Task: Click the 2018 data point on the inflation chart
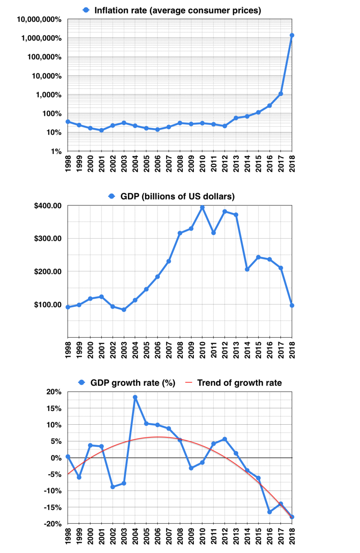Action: (292, 35)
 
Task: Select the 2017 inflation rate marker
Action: (280, 94)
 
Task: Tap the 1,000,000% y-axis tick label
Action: (41, 38)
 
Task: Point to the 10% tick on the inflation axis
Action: (54, 132)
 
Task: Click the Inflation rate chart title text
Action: (177, 11)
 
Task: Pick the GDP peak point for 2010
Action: (202, 207)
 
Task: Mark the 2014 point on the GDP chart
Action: (247, 269)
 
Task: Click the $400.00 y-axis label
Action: (48, 206)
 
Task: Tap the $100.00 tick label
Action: (48, 305)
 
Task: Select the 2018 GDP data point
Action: (292, 305)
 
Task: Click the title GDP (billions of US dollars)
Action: (177, 197)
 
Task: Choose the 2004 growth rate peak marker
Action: (135, 397)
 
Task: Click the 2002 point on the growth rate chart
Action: (112, 487)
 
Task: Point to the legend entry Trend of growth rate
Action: (239, 383)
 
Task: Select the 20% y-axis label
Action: (54, 392)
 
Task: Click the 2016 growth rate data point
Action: (269, 512)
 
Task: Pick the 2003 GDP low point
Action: (124, 310)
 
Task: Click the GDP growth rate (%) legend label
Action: (133, 383)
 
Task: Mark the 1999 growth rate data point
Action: (79, 478)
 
